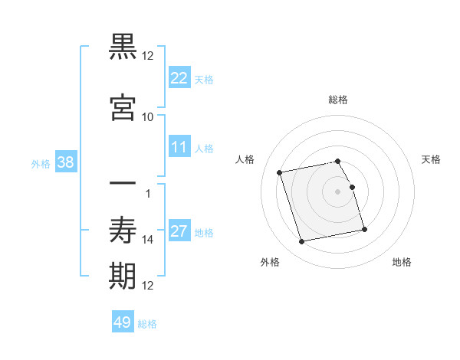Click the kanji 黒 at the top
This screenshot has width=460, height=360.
(x=123, y=47)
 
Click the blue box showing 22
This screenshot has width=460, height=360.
(x=179, y=77)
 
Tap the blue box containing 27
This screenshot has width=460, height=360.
(x=179, y=231)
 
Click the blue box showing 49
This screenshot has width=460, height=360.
(x=123, y=322)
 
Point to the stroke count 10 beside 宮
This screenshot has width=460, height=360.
(x=148, y=116)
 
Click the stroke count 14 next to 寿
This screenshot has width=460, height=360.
(x=148, y=240)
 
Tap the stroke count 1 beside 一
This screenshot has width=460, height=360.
(x=148, y=194)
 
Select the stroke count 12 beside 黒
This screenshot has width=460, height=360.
(x=148, y=56)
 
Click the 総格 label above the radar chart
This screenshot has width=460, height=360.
(x=338, y=100)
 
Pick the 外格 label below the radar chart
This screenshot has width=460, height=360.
(x=270, y=262)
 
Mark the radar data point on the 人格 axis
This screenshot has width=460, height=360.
(x=280, y=172)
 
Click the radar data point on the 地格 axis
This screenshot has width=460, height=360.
(x=364, y=229)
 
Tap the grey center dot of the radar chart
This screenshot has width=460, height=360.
(x=338, y=191)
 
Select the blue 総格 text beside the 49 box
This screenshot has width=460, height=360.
(x=147, y=324)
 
